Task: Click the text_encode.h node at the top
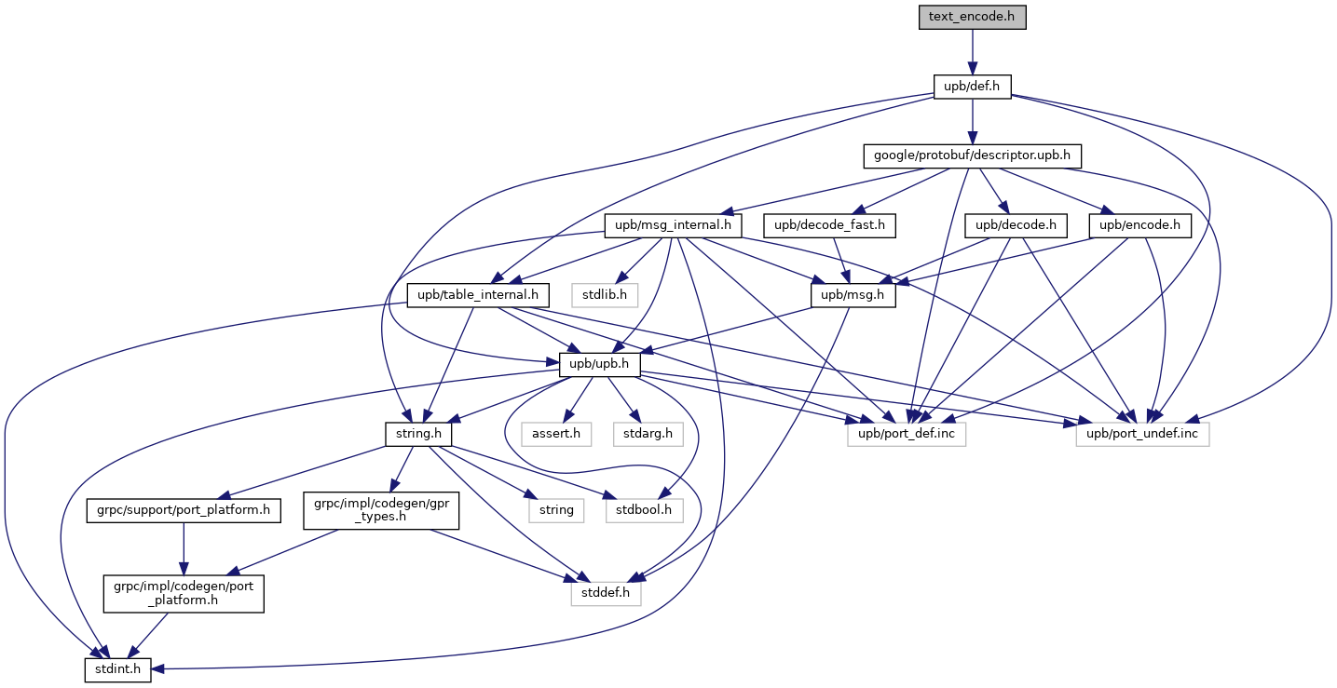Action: pyautogui.click(x=972, y=18)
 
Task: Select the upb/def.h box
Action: pyautogui.click(x=972, y=87)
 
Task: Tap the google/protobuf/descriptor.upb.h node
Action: pyautogui.click(x=972, y=155)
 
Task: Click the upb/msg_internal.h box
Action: pyautogui.click(x=673, y=224)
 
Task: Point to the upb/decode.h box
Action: pyautogui.click(x=1015, y=224)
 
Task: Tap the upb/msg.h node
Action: pyautogui.click(x=853, y=296)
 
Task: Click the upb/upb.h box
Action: pyautogui.click(x=599, y=365)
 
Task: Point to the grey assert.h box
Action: pyautogui.click(x=556, y=434)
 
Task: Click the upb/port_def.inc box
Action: pyautogui.click(x=906, y=434)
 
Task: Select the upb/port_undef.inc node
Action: pyautogui.click(x=1142, y=434)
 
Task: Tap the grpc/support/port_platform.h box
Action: pyautogui.click(x=184, y=510)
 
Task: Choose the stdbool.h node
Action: pyautogui.click(x=645, y=510)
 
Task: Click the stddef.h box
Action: pyautogui.click(x=606, y=590)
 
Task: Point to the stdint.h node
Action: pyautogui.click(x=117, y=669)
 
